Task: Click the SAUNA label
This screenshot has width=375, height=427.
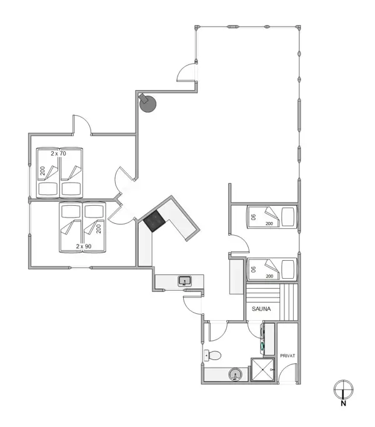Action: [261, 309]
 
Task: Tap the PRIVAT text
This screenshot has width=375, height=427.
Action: [287, 356]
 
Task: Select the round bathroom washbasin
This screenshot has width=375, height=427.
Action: [234, 374]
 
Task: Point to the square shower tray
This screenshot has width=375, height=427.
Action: [262, 369]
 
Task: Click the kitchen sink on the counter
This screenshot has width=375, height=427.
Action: [185, 281]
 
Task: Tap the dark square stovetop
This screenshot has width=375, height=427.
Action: [154, 221]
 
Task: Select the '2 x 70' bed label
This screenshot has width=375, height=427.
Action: [59, 153]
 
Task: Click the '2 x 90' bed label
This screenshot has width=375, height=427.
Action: [84, 246]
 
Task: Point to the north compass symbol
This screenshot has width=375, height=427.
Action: [342, 389]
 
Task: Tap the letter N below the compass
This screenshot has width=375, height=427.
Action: [343, 403]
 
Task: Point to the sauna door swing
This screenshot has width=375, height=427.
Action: [256, 329]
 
